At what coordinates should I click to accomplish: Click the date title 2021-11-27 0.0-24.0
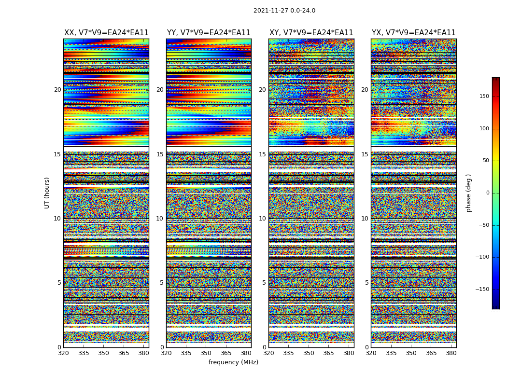pyautogui.click(x=284, y=11)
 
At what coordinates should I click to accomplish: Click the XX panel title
pyautogui.click(x=106, y=33)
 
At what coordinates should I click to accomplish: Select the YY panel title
pyautogui.click(x=209, y=33)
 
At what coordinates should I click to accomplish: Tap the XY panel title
pyautogui.click(x=311, y=33)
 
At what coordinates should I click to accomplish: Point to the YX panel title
pyautogui.click(x=413, y=33)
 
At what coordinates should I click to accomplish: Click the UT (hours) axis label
pyautogui.click(x=47, y=193)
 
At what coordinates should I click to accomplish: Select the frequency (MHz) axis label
pyautogui.click(x=233, y=362)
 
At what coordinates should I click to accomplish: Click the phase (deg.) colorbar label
pyautogui.click(x=468, y=193)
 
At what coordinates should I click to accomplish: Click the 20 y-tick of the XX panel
pyautogui.click(x=57, y=90)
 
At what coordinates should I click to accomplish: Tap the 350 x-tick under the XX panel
pyautogui.click(x=103, y=353)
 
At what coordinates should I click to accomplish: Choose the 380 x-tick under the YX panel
pyautogui.click(x=451, y=353)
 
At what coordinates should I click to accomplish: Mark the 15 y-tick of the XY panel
pyautogui.click(x=262, y=154)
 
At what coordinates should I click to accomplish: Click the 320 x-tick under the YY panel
pyautogui.click(x=166, y=353)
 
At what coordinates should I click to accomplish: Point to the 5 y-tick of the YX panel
pyautogui.click(x=366, y=283)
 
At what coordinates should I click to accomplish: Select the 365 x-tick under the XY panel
pyautogui.click(x=328, y=353)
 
